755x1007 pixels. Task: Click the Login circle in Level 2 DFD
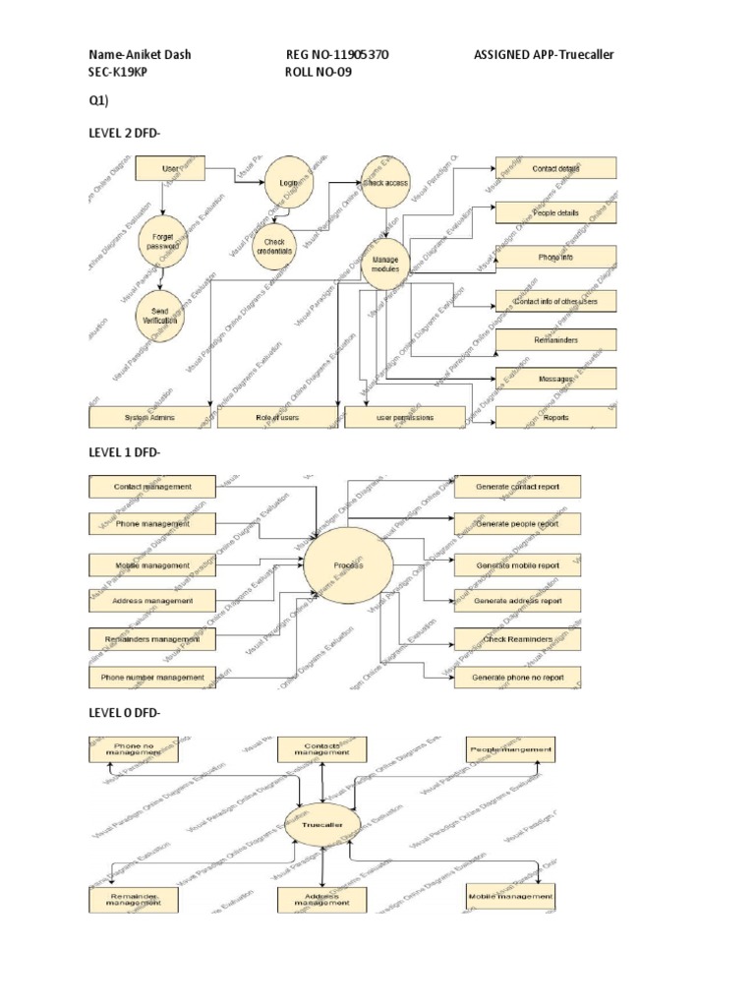point(288,182)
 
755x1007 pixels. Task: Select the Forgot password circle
point(163,242)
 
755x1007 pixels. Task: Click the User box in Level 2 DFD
point(170,170)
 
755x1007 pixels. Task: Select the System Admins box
point(149,417)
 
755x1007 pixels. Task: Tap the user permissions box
point(404,417)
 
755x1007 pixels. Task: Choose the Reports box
point(555,417)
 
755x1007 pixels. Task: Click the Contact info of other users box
point(555,301)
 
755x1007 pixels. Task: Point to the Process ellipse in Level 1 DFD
point(348,566)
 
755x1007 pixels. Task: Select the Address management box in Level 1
point(152,600)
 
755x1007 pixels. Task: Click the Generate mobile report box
point(517,565)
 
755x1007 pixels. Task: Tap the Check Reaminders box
point(517,639)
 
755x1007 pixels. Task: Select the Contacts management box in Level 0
point(321,749)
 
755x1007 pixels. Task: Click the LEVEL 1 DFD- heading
point(124,451)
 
